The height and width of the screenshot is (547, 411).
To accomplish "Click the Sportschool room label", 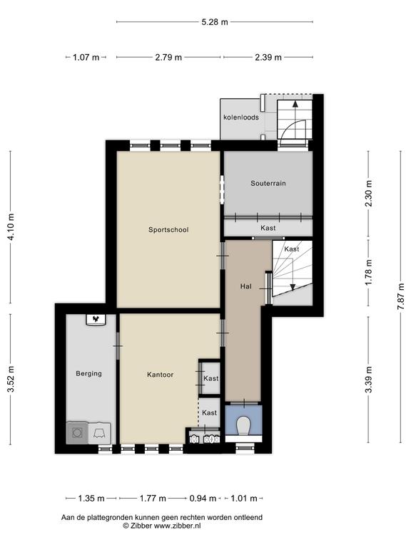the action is click(168, 229).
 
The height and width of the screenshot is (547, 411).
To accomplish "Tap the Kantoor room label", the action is click(160, 375).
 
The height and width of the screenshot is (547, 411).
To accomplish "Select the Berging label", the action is click(88, 374).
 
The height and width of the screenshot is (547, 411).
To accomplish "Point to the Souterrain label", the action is click(268, 183).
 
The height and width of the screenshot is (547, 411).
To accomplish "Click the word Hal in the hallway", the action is click(245, 286).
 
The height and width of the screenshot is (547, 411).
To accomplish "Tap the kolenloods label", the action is click(241, 118).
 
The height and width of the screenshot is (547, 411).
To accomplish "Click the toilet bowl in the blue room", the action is click(243, 426).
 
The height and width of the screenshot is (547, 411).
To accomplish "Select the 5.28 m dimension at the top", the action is click(215, 22).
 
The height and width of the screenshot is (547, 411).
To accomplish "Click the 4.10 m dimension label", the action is click(11, 226).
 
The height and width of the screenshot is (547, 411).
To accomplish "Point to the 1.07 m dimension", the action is click(86, 57).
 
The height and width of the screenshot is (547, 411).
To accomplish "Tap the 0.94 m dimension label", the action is click(203, 498).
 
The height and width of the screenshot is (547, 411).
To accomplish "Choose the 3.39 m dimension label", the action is click(368, 380).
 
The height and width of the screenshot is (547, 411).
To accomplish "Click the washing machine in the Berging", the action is click(77, 433).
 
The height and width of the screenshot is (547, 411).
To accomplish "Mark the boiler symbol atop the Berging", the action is click(96, 320).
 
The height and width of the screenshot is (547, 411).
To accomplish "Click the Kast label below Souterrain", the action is click(268, 228).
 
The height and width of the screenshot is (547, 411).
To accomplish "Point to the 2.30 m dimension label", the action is click(368, 193).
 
